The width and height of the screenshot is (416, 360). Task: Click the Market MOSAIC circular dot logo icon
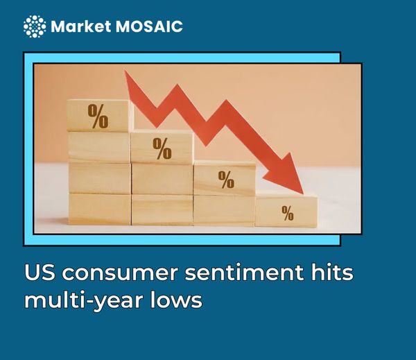(x=35, y=26)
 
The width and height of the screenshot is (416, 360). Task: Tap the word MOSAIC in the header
(x=148, y=27)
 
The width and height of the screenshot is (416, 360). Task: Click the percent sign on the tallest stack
(x=98, y=116)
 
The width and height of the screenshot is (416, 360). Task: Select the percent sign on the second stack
(x=162, y=148)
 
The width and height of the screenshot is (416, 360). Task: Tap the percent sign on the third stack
(x=226, y=179)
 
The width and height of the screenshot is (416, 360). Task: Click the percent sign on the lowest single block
(x=287, y=212)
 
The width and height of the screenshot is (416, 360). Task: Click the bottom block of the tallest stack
(x=99, y=209)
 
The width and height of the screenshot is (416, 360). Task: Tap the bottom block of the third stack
(x=224, y=210)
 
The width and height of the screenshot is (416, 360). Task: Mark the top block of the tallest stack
(x=99, y=116)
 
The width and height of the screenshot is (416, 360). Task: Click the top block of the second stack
(x=162, y=148)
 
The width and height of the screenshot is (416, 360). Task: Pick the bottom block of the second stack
(x=162, y=210)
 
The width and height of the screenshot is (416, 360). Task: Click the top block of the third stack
(x=224, y=179)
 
